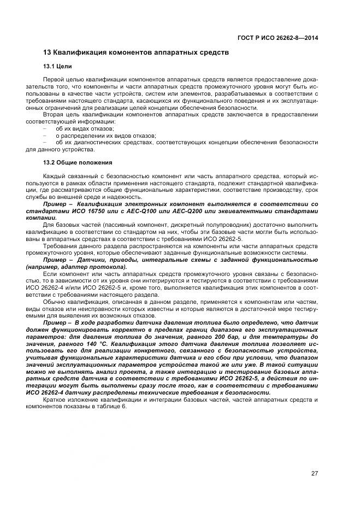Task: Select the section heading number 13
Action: pos(46,52)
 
